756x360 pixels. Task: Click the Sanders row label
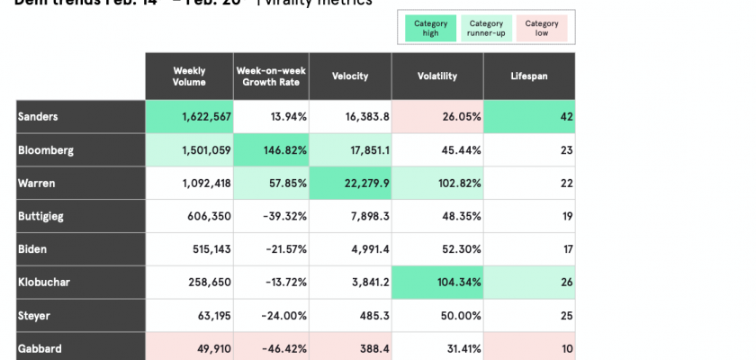point(81,117)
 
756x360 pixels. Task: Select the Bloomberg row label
point(81,150)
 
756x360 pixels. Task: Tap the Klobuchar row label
point(81,283)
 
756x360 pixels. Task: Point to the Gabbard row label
point(81,348)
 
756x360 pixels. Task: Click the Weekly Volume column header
point(189,76)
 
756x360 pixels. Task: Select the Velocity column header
point(350,76)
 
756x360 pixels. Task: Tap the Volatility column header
point(438,76)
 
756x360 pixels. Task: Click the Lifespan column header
point(529,76)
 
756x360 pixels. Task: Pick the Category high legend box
point(429,29)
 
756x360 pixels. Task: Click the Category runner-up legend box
point(486,29)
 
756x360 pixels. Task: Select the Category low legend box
point(542,29)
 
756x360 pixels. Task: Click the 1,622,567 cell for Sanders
point(189,117)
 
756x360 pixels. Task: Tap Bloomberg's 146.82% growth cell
point(270,150)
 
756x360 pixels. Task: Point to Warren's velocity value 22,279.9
point(350,184)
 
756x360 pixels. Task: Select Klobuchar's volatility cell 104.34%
point(438,283)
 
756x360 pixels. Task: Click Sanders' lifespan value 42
point(529,117)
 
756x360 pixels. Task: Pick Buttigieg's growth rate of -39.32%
point(270,216)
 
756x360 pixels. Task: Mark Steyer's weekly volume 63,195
point(189,315)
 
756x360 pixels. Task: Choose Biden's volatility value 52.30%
point(438,249)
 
